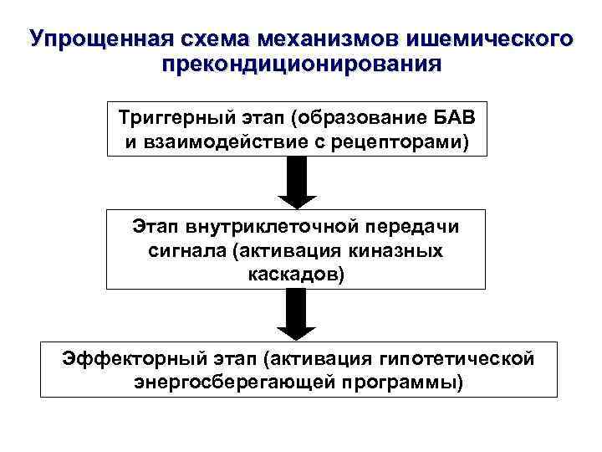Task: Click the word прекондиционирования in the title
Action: tap(301, 64)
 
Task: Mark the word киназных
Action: tap(405, 249)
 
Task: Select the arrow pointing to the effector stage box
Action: tap(298, 315)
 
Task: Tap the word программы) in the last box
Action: tap(403, 383)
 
